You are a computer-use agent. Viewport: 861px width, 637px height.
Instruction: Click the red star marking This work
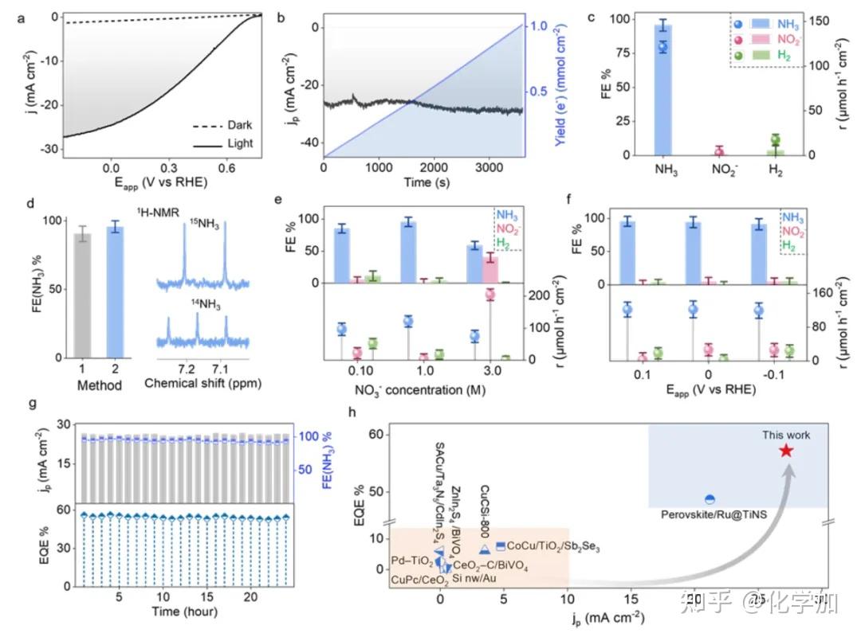click(x=786, y=451)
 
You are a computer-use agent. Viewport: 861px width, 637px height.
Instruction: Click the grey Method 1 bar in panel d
click(x=82, y=295)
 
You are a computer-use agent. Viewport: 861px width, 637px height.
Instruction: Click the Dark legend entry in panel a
click(x=239, y=125)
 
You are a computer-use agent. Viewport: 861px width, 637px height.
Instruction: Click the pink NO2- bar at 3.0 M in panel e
click(x=491, y=270)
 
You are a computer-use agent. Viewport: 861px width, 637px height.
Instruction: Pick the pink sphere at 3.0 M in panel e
click(x=490, y=295)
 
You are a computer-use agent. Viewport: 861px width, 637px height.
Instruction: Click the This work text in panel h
click(x=786, y=435)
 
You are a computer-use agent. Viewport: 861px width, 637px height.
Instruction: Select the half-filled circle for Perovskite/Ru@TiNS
click(x=710, y=499)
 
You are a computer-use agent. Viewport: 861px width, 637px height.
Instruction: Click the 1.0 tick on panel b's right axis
click(x=541, y=26)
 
